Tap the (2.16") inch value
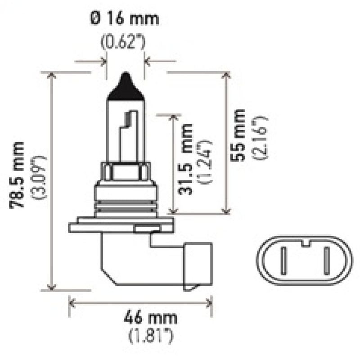point(260,138)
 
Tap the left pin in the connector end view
point(283,261)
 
